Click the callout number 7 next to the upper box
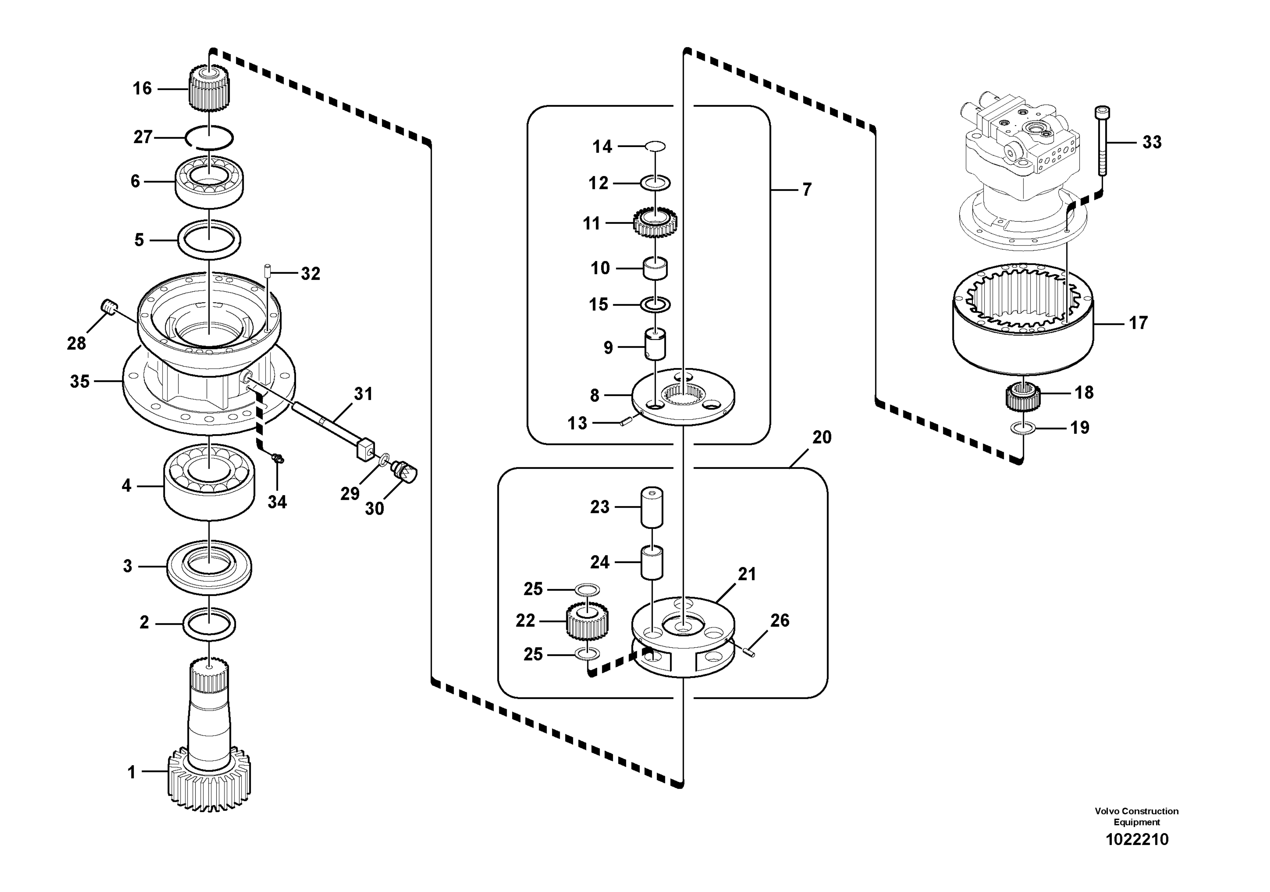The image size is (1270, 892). point(807,190)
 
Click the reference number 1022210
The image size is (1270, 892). point(1137,840)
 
